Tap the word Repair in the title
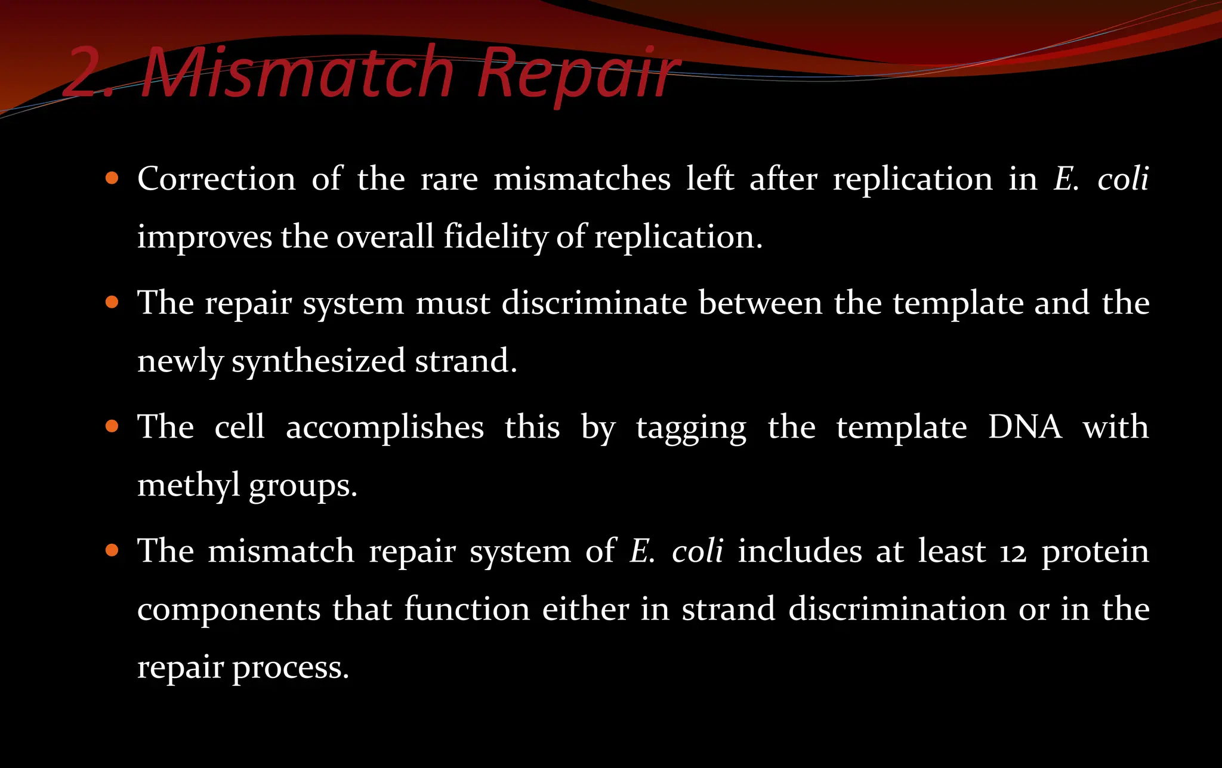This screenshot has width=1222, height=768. coord(578,74)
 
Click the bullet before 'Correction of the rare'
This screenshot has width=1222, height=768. coord(112,178)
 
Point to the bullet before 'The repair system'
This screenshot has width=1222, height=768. coord(112,302)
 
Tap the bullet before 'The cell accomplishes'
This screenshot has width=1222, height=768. coord(112,426)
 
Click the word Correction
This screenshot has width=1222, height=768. coord(217,179)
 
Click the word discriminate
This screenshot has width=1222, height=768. coord(594,303)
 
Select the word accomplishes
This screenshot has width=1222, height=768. coord(385,428)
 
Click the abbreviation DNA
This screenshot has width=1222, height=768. coord(1024,427)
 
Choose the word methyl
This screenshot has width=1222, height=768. coord(188,485)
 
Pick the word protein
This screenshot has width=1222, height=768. coord(1096,552)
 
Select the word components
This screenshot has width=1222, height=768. coord(229,610)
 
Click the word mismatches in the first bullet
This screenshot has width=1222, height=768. coord(582,179)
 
